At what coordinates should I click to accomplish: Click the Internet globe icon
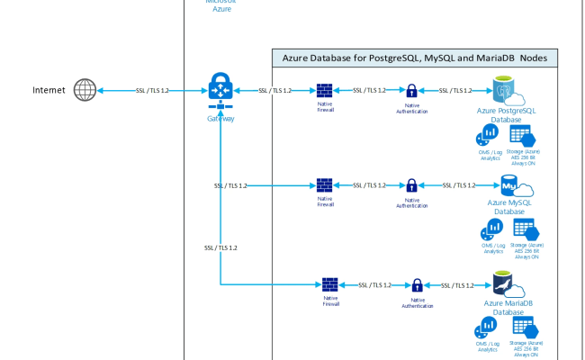click(85, 91)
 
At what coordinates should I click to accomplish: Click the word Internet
click(49, 91)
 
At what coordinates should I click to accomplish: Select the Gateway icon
click(220, 91)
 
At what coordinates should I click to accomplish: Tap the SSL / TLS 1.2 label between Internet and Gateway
click(152, 91)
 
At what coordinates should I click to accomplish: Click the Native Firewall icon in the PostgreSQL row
click(326, 91)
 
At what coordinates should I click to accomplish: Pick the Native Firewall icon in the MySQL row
click(326, 185)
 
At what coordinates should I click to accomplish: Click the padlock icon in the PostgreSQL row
click(411, 91)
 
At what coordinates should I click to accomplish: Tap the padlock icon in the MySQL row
click(411, 185)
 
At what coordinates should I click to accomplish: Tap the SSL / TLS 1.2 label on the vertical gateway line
click(220, 247)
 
